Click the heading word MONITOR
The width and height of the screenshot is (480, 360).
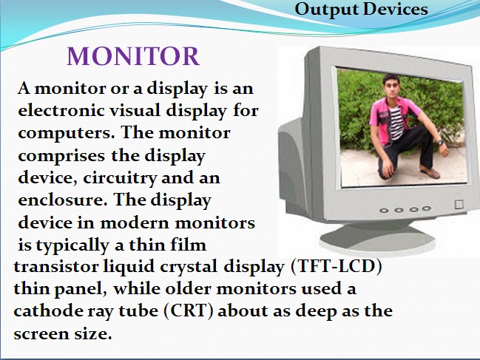pyautogui.click(x=133, y=57)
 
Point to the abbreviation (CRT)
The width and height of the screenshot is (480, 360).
pyautogui.click(x=183, y=310)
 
